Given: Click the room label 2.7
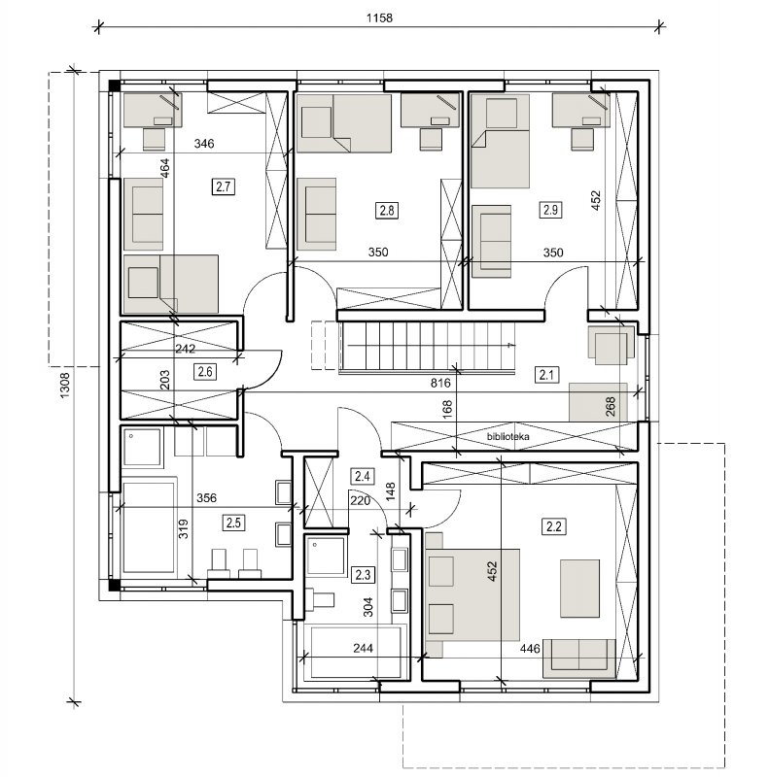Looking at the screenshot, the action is point(224,186).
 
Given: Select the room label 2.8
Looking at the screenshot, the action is point(387,211).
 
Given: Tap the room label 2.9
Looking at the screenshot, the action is point(550,210).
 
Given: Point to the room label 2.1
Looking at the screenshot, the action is point(546,375).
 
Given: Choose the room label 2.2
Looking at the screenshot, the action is point(553,526).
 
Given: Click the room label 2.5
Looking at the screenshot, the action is point(233,523).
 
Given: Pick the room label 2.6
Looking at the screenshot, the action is point(205,372).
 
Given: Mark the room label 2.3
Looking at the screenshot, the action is point(363,575).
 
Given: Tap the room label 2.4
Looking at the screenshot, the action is point(363,477).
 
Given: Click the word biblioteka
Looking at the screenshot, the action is point(507,436).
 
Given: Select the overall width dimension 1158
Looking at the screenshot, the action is point(379,17).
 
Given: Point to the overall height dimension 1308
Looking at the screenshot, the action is point(64,386).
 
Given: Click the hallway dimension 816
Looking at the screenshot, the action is point(440,383).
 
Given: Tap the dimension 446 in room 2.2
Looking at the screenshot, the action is point(530,649).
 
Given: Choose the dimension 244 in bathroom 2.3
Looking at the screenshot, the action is point(364,648).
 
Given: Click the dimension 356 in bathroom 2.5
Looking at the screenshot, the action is point(206,498).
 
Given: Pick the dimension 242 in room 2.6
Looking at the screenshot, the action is point(185,349).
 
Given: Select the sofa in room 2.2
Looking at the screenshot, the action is point(579,659).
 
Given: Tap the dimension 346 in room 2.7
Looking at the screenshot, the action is point(204,144).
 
